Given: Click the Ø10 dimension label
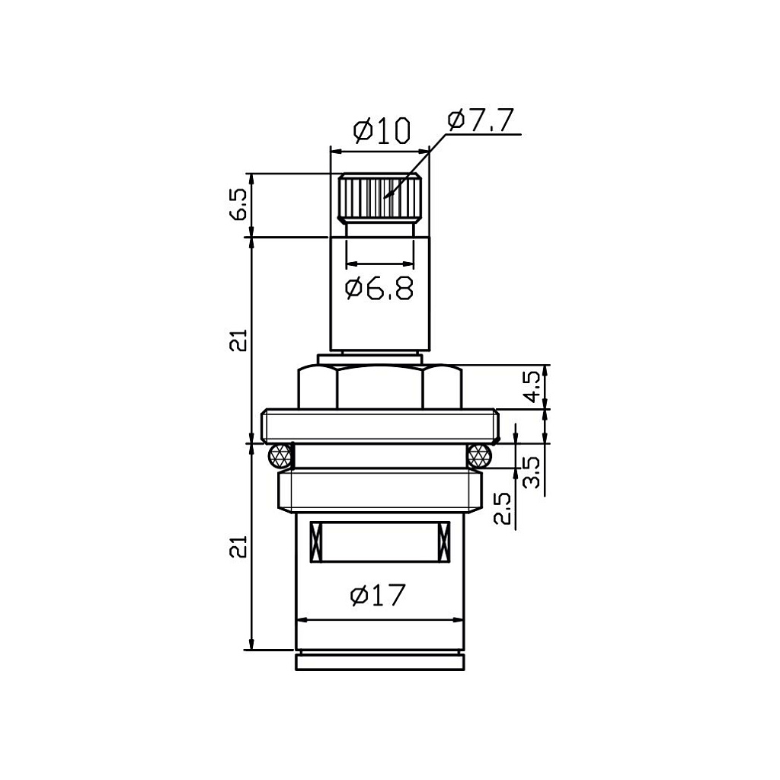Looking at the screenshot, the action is click(x=382, y=130).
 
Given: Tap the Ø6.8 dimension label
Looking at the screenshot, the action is click(x=379, y=289).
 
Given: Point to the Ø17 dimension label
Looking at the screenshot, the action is click(x=378, y=595).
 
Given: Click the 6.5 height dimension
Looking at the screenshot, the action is click(x=238, y=204).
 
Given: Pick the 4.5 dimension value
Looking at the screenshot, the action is click(x=533, y=387).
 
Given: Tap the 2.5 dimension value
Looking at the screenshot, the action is click(x=503, y=508).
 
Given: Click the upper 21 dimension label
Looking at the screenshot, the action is click(x=238, y=340).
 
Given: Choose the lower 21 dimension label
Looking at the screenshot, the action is click(x=238, y=546).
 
